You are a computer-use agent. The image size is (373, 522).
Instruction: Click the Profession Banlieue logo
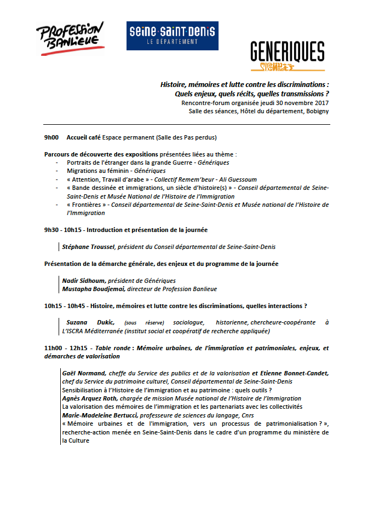click(x=70, y=39)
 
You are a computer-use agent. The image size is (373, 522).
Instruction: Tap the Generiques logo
click(x=287, y=56)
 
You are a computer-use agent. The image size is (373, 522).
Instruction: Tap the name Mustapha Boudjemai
click(x=94, y=288)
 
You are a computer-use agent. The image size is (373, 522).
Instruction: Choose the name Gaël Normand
click(x=84, y=373)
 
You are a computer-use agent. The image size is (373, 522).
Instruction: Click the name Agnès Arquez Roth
click(x=94, y=398)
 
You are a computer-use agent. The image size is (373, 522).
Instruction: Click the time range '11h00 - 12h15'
click(x=65, y=348)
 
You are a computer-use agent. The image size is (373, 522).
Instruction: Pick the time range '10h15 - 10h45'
click(x=65, y=306)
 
